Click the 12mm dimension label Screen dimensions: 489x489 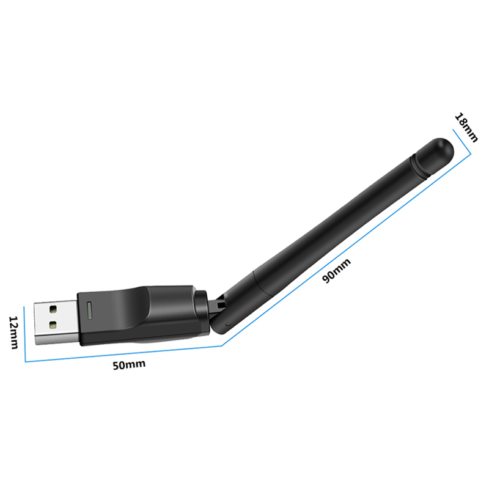click(x=13, y=332)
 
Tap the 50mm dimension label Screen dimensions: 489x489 click(x=129, y=364)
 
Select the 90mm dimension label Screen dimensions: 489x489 click(x=337, y=270)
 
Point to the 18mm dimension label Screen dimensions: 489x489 click(x=466, y=127)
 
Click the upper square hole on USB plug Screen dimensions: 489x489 click(x=53, y=309)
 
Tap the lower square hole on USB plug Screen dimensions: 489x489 click(x=53, y=325)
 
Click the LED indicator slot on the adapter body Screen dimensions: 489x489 click(x=89, y=311)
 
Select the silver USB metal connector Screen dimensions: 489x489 click(x=56, y=323)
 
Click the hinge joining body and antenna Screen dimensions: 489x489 click(x=215, y=307)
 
